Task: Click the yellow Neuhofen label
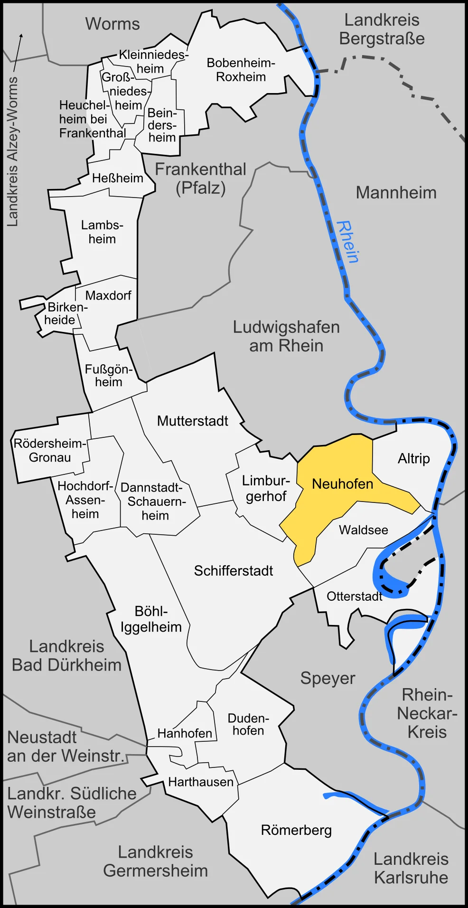[342, 484]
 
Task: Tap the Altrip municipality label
[413, 458]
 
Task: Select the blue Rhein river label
[347, 242]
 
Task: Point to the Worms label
[112, 24]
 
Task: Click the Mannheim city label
[396, 193]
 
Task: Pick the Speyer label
[328, 678]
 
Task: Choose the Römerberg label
[296, 830]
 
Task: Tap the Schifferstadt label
[233, 570]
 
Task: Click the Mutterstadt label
[192, 421]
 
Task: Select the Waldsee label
[363, 530]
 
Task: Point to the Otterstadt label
[354, 596]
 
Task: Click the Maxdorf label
[108, 295]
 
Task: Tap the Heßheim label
[117, 178]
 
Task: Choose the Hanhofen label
[185, 733]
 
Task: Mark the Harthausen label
[201, 782]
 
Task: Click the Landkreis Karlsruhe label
[411, 868]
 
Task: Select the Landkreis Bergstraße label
[382, 29]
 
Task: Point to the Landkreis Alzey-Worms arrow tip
[21, 35]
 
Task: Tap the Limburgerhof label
[266, 488]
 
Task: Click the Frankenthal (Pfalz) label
[200, 179]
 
